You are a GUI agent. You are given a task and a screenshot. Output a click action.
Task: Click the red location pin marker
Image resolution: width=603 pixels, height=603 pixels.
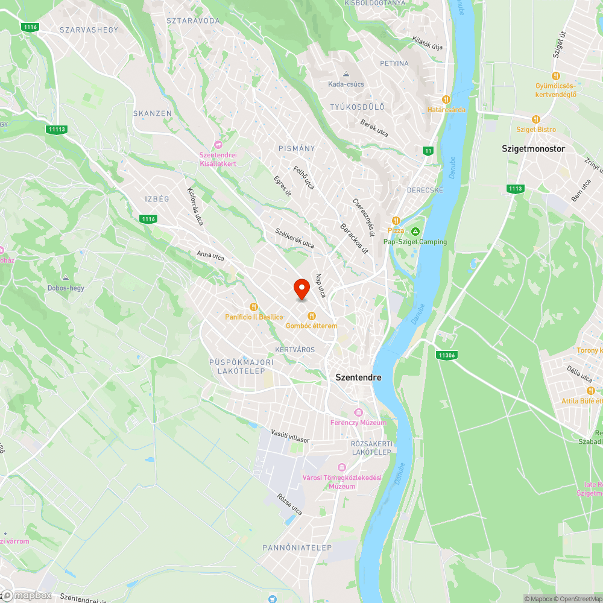(301, 289)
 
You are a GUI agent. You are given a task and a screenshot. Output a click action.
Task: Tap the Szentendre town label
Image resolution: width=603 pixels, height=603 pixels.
(358, 377)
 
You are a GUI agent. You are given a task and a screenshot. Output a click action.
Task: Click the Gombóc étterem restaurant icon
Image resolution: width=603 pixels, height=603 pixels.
(312, 315)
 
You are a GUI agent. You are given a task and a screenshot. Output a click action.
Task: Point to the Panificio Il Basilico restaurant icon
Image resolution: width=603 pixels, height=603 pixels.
(254, 307)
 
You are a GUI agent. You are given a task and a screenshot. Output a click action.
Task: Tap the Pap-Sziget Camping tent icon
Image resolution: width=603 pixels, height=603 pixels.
(415, 232)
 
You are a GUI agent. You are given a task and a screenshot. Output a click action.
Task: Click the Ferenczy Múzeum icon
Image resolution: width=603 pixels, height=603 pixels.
(358, 413)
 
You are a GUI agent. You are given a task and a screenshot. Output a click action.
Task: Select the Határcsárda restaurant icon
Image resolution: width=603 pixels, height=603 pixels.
(446, 99)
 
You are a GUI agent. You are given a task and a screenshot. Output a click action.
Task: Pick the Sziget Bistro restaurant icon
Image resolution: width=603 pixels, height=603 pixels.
(535, 119)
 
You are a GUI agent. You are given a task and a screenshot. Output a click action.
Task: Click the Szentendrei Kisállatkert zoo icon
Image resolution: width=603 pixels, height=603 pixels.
(218, 144)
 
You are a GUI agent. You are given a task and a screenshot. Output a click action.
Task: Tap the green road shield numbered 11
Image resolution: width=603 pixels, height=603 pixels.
(428, 151)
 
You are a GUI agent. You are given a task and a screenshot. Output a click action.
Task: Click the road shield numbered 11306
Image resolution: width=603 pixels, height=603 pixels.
(446, 356)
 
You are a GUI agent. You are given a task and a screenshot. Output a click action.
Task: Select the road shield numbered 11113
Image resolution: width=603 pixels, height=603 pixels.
(57, 129)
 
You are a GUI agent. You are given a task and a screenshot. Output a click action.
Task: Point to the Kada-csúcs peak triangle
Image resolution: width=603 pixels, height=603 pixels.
(346, 74)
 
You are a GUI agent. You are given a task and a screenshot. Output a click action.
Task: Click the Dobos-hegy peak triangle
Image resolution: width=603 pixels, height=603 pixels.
(66, 278)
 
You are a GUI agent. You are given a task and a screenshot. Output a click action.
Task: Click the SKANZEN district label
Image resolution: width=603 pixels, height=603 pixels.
(153, 113)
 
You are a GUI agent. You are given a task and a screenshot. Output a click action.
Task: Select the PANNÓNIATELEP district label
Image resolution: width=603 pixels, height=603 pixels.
(297, 548)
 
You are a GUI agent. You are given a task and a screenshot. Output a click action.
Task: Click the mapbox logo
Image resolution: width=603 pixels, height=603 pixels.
(27, 595)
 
